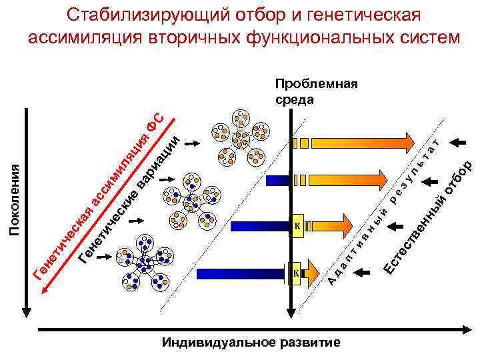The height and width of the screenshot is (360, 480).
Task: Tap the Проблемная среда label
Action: [x=316, y=92]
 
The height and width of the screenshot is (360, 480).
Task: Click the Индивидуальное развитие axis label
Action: [x=251, y=343]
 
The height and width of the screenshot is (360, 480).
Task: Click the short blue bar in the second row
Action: [x=276, y=180]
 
